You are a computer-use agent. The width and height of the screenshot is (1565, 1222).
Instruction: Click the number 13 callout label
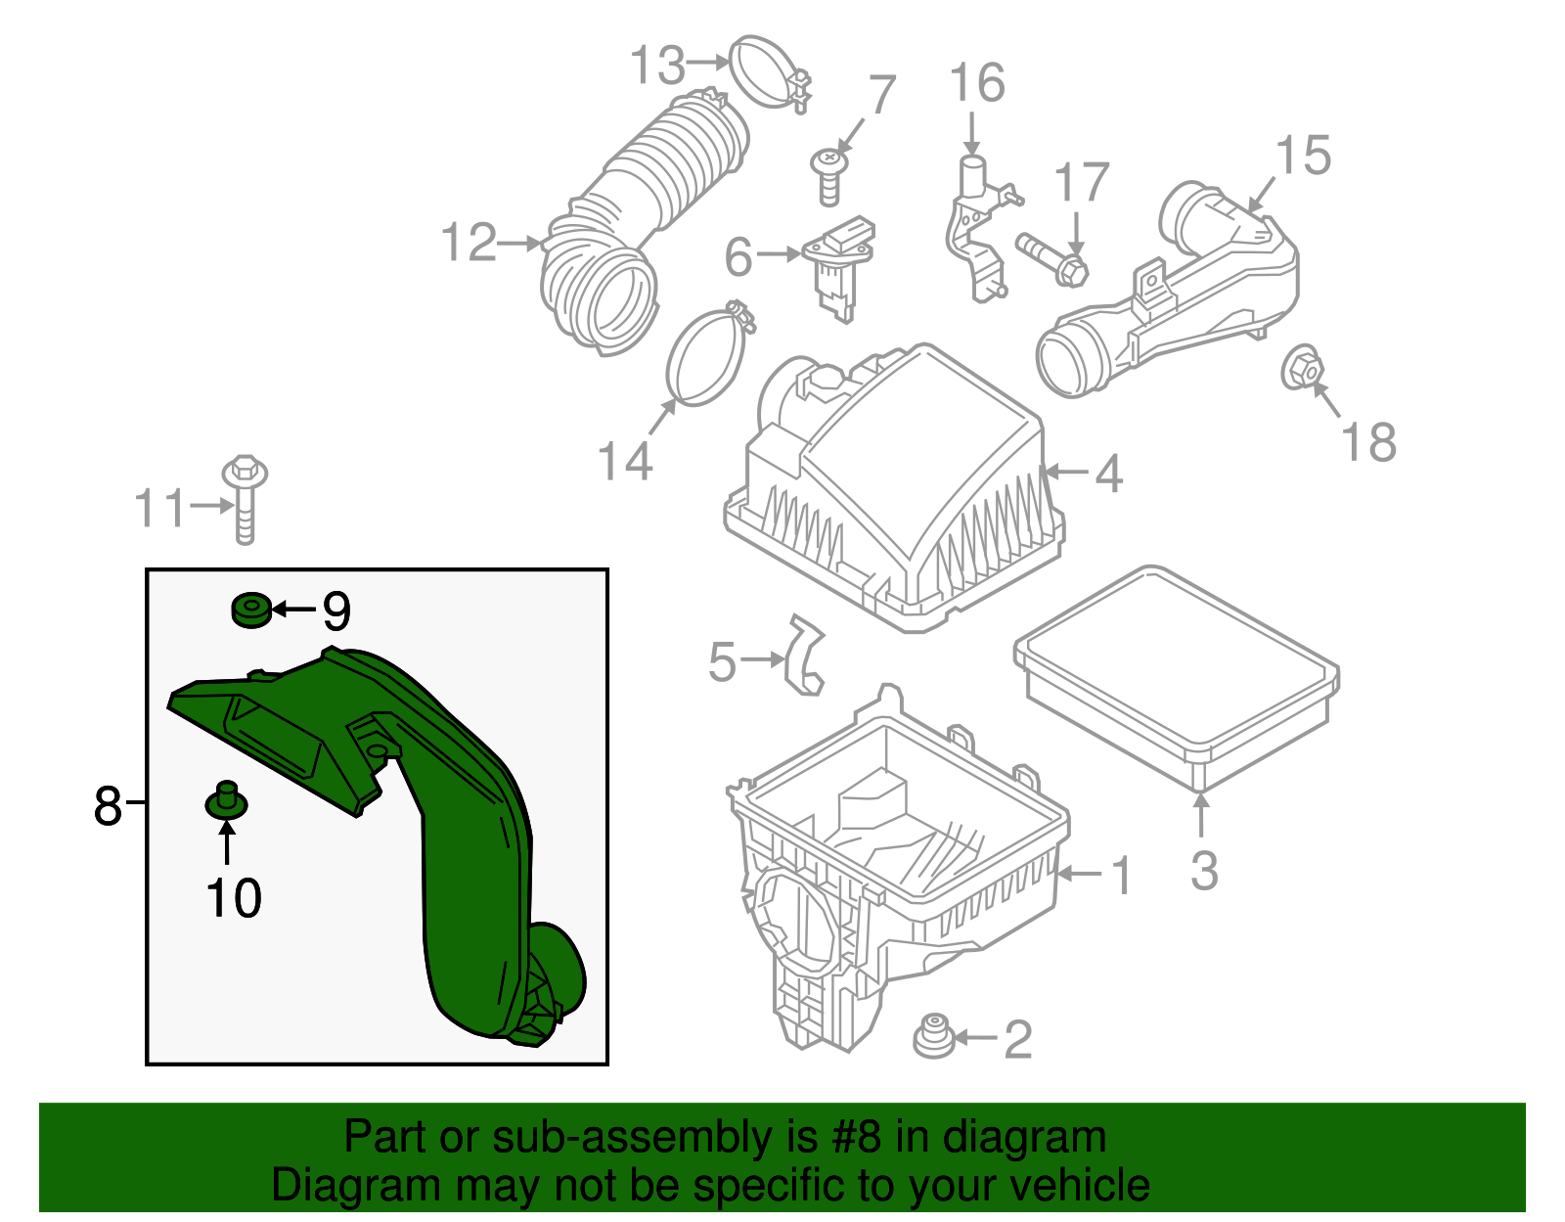coord(656,66)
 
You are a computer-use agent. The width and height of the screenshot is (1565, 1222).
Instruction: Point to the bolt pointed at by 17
coord(1051,256)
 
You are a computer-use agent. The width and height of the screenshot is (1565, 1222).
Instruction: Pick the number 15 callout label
coord(1304,157)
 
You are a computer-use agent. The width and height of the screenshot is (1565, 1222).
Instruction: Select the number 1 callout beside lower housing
coord(1122,874)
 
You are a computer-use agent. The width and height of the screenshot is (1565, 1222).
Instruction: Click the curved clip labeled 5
coord(805,655)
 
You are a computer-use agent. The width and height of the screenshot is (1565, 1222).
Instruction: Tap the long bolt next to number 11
coord(245,499)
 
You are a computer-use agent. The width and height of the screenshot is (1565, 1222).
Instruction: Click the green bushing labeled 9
coord(250,610)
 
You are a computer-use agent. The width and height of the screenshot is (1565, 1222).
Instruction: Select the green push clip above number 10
coord(226,801)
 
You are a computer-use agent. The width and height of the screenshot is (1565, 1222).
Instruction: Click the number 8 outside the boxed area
coord(107,805)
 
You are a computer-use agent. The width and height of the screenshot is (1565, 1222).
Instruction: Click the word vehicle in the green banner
coord(1079,1186)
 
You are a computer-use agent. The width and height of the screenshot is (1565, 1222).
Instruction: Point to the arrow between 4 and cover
coord(1066,473)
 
